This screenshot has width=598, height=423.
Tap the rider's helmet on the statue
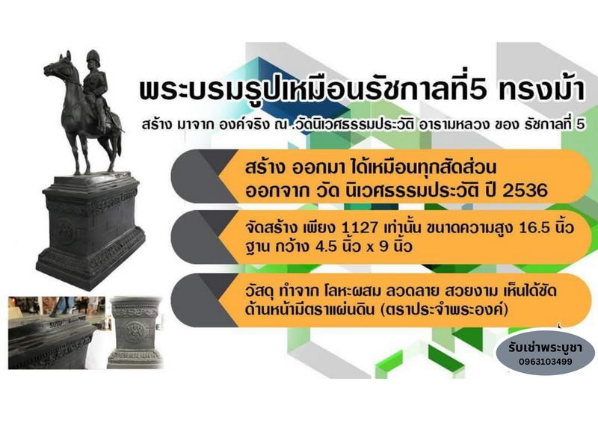tap(93, 57)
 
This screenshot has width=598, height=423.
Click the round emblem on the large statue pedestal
tap(66, 231)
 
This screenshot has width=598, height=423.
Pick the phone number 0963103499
tap(546, 362)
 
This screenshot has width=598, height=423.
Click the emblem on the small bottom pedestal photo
tap(135, 330)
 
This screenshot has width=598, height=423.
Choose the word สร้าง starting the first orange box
tap(265, 168)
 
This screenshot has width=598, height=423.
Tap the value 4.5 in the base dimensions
tap(326, 247)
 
